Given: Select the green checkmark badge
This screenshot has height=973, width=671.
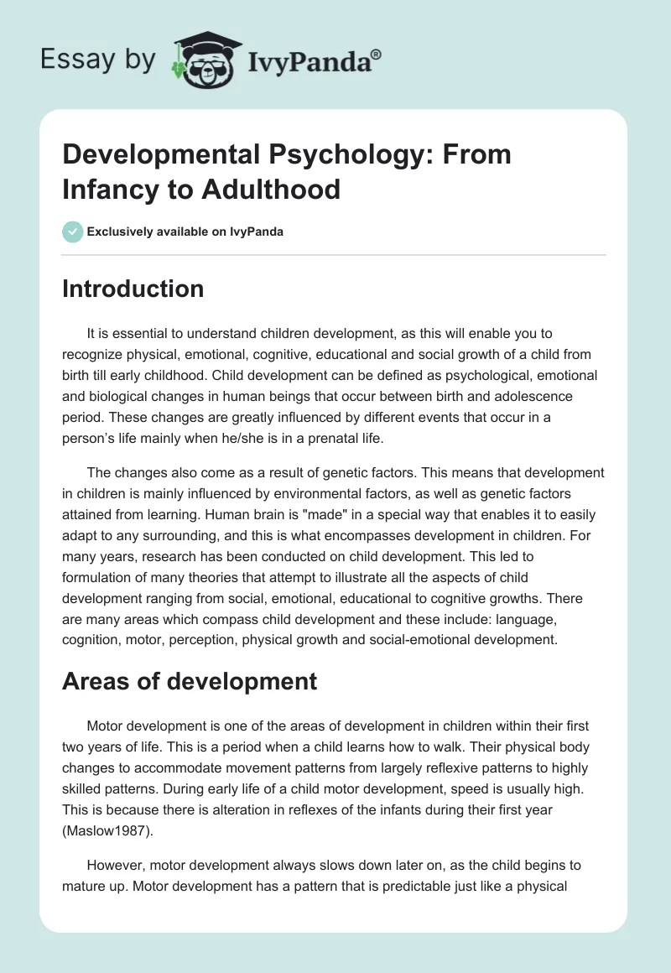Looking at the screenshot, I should click(72, 232).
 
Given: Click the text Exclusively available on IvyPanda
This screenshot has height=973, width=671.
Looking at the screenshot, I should click(184, 232).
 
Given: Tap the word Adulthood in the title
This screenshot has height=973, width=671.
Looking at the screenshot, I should click(273, 190).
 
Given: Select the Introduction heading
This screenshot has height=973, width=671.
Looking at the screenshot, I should click(133, 289).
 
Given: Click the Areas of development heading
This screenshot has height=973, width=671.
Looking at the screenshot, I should click(190, 681).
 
